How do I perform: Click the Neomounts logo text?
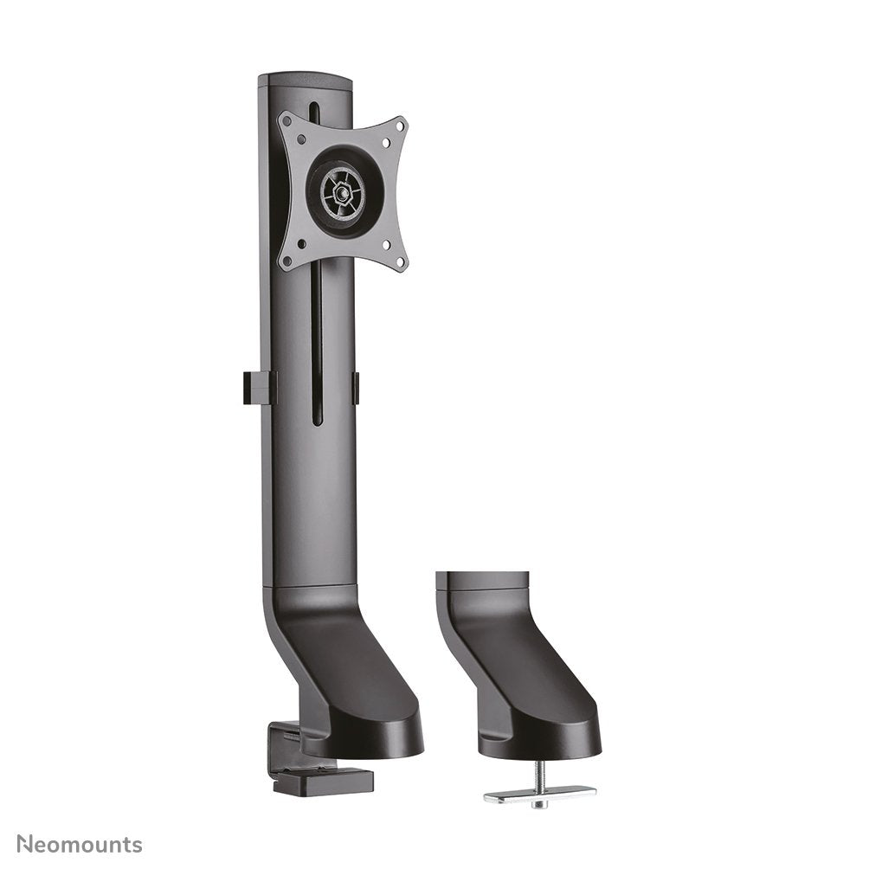coord(80,845)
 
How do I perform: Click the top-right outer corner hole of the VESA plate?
coord(399,126)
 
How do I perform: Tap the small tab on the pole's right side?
coord(355,387)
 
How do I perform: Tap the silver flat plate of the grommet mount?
coord(538,793)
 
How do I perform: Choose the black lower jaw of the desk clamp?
coord(323,781)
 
